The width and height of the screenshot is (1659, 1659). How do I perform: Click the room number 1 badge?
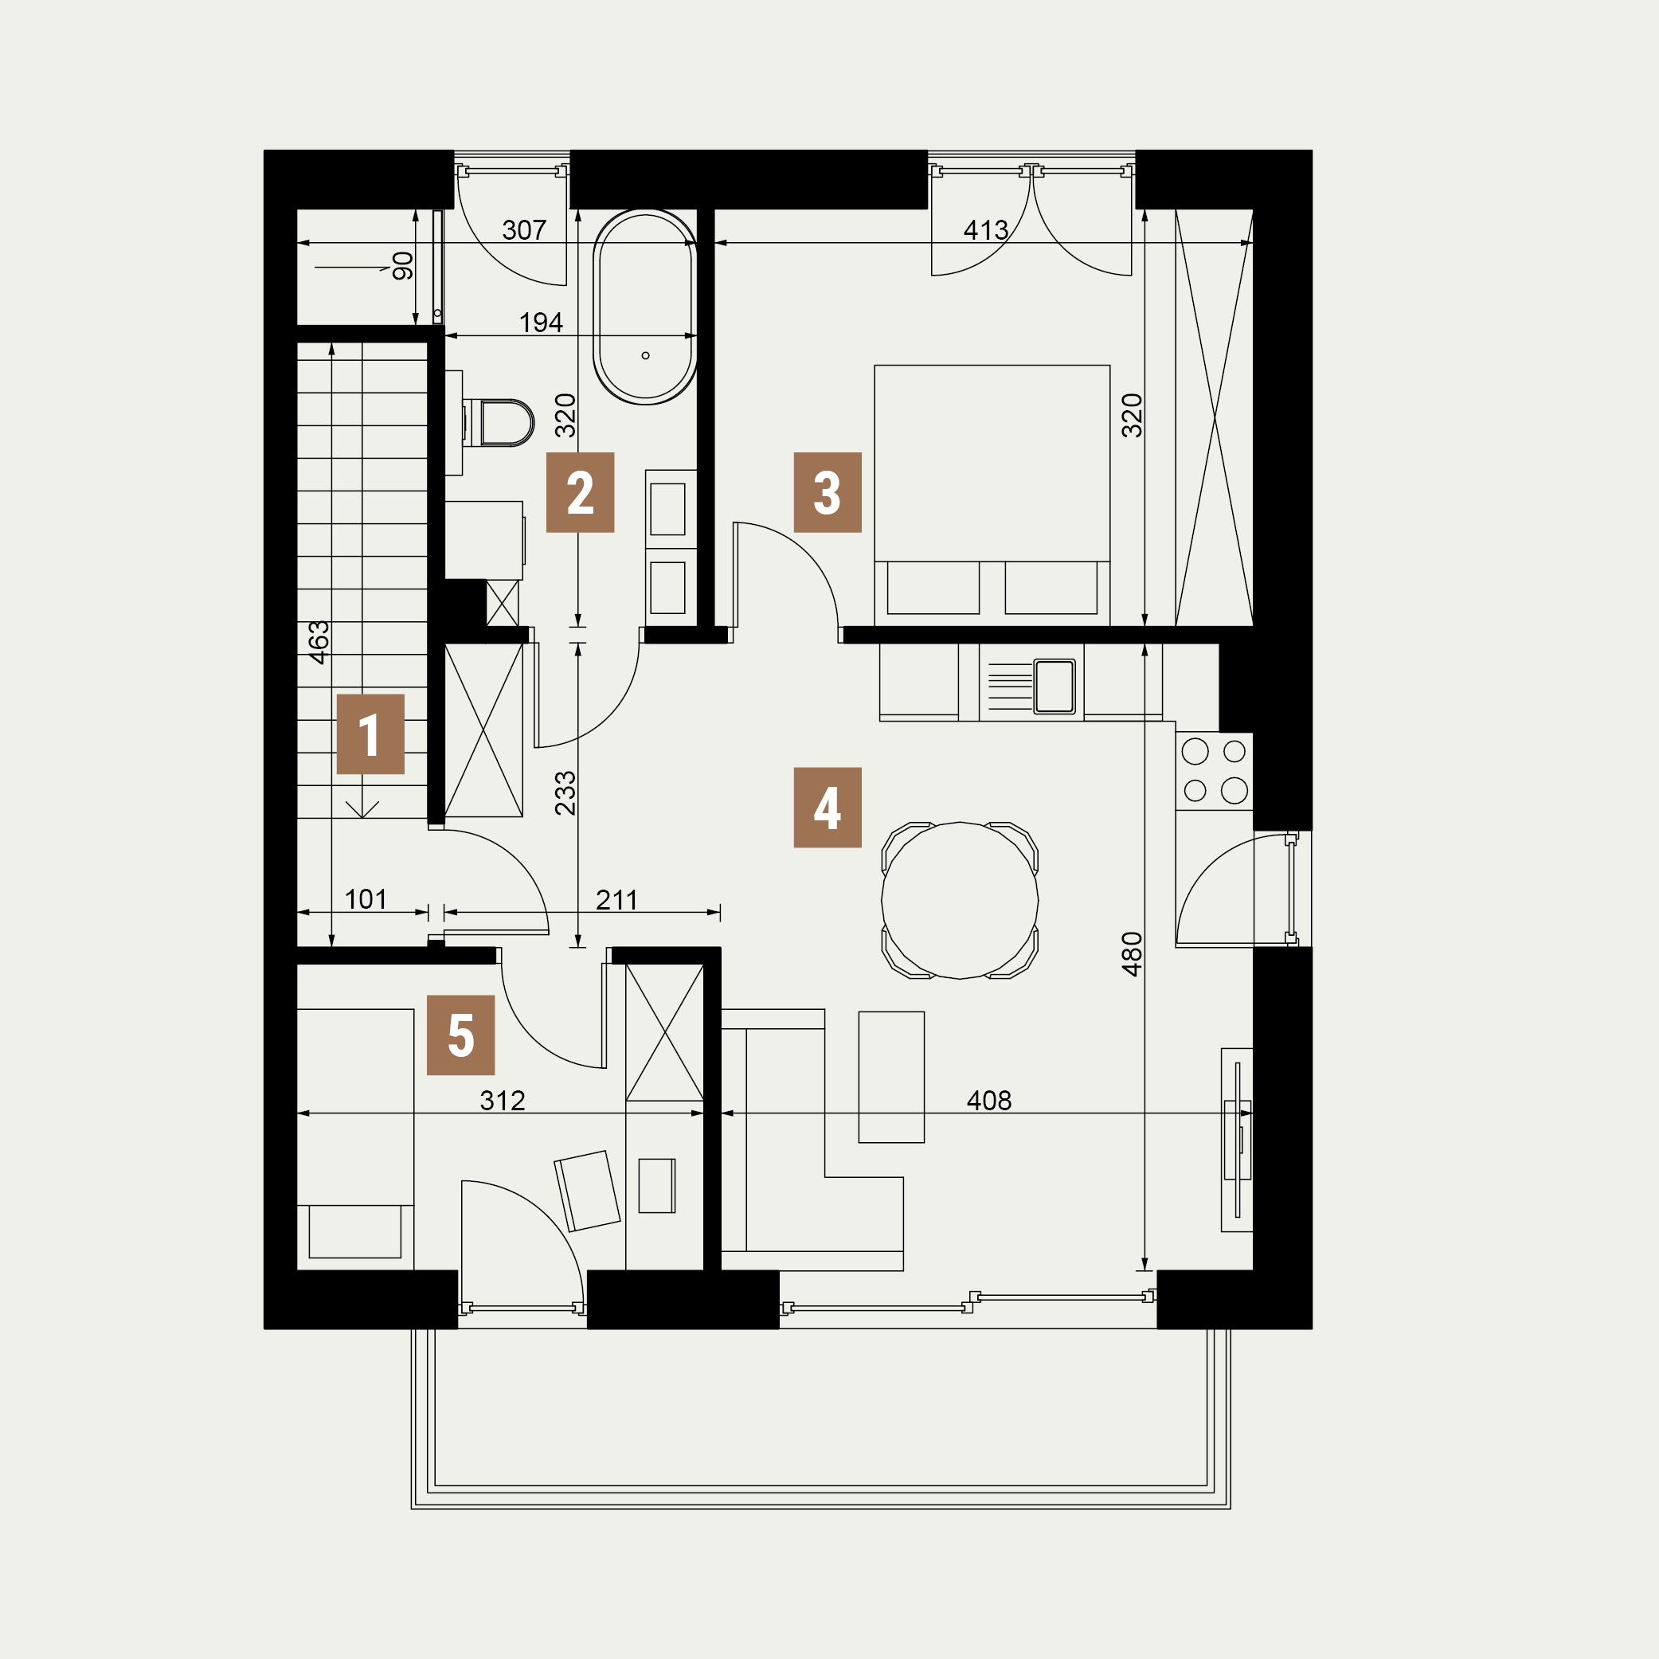click(370, 734)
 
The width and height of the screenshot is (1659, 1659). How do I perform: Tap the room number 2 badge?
click(580, 492)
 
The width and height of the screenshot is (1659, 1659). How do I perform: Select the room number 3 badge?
click(827, 492)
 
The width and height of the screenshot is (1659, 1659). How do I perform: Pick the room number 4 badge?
click(827, 807)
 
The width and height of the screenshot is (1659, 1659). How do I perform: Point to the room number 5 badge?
click(460, 1035)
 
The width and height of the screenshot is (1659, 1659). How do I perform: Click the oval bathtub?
click(645, 307)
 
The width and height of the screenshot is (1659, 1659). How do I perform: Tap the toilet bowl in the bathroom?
click(507, 422)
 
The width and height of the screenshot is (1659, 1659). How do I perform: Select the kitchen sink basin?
click(1054, 686)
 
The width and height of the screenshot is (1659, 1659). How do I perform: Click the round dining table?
click(960, 901)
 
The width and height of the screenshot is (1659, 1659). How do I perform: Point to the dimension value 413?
click(986, 230)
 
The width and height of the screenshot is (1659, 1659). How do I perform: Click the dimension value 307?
click(524, 230)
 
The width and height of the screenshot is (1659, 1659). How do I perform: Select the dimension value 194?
click(541, 323)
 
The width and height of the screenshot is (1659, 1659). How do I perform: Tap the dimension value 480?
click(1133, 954)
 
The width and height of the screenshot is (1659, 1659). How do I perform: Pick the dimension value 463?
click(319, 642)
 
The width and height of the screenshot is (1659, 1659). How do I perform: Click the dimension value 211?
click(616, 900)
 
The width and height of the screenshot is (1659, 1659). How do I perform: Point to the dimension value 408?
click(989, 1101)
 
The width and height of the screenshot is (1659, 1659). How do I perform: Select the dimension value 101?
click(366, 899)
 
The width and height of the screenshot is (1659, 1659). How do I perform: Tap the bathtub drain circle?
click(646, 355)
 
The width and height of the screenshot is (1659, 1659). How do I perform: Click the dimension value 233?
click(565, 793)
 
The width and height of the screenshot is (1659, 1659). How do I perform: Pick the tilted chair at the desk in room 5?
click(587, 1191)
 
